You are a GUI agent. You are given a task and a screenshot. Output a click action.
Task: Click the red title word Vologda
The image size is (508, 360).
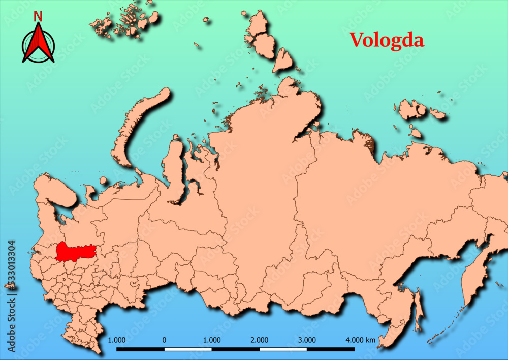point(386,40)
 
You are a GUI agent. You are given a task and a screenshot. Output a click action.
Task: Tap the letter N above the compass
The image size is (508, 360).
point(38,16)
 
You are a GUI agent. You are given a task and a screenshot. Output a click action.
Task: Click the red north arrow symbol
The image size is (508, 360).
point(38,43)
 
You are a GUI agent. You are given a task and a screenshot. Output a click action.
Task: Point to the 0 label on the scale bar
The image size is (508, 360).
point(164,340)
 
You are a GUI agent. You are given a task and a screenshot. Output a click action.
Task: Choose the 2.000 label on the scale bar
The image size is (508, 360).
point(260,340)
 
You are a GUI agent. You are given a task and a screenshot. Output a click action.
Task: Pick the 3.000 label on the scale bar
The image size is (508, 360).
point(307,340)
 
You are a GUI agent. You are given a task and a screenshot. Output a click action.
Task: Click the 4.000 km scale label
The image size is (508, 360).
point(360,340)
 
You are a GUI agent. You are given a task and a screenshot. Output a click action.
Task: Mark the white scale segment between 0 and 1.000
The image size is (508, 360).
point(187,349)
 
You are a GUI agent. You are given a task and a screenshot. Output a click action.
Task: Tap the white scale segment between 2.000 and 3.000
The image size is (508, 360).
point(283,349)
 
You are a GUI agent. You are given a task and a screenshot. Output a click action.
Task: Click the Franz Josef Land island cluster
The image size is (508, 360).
point(122,20)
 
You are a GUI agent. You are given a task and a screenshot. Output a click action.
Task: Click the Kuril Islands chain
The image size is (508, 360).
point(447,325)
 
